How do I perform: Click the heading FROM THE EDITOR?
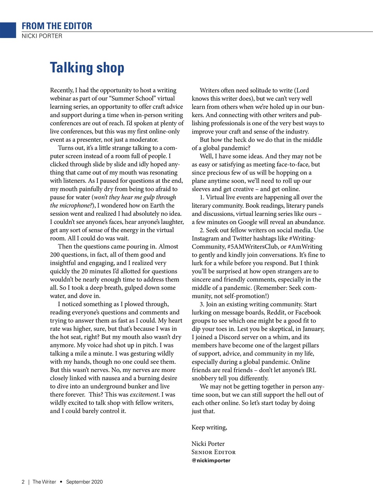click(x=57, y=26)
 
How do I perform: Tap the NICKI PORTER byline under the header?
click(x=42, y=36)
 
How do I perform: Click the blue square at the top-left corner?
click(x=8, y=30)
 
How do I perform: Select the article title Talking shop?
click(x=87, y=68)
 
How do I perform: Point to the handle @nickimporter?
click(x=211, y=461)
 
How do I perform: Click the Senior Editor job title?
click(x=213, y=452)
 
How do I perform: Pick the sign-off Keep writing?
click(x=209, y=427)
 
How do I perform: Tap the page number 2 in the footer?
click(x=23, y=482)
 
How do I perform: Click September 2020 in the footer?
click(x=84, y=482)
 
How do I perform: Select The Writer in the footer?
click(x=44, y=482)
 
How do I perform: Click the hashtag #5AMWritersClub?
click(x=253, y=247)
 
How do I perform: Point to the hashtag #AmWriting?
click(x=305, y=247)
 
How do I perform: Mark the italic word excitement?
click(x=144, y=394)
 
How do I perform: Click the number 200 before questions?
click(x=55, y=255)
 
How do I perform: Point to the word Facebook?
click(x=308, y=313)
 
